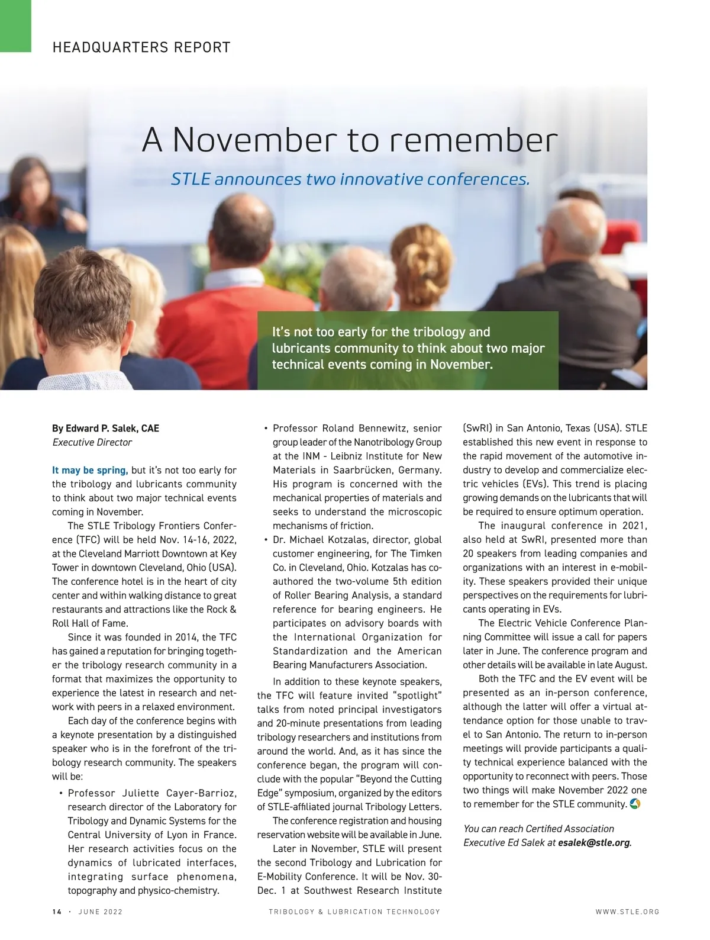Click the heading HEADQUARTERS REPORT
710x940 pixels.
coord(141,47)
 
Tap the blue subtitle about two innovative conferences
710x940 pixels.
coord(350,179)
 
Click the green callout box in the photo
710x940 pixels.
coord(408,350)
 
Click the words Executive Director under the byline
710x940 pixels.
coord(92,442)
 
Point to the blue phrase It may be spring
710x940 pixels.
coord(89,470)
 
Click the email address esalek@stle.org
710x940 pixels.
coord(593,842)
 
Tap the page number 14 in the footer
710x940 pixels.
coord(57,912)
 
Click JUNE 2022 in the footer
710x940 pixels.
coord(101,912)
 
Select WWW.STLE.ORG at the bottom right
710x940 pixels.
coord(627,912)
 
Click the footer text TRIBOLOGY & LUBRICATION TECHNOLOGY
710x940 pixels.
coord(354,912)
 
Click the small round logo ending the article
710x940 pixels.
coord(635,804)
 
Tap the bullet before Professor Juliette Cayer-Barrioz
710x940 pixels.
coord(61,793)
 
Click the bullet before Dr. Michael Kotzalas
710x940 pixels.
coord(266,540)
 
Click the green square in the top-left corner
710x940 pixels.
coord(15,26)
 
